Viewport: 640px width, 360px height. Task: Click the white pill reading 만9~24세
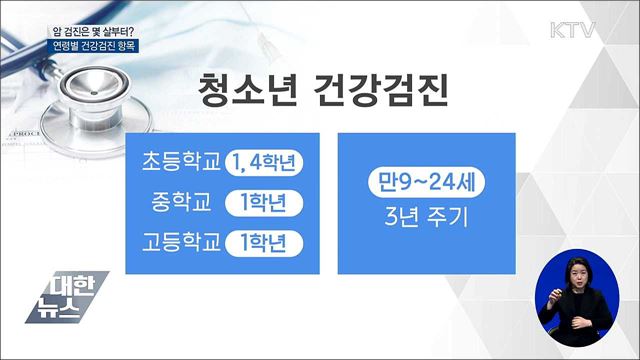point(412,185)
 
